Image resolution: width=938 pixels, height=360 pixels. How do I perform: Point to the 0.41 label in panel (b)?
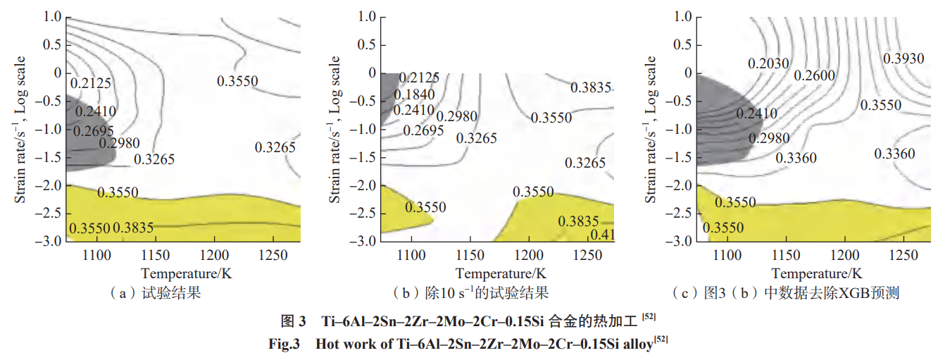[602, 235]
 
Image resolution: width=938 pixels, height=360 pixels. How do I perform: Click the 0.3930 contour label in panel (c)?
[903, 58]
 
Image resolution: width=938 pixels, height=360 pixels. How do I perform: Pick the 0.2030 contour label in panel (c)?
[768, 63]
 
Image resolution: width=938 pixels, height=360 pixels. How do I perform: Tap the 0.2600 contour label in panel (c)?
[814, 75]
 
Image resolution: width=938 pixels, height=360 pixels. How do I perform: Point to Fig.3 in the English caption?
[284, 345]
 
